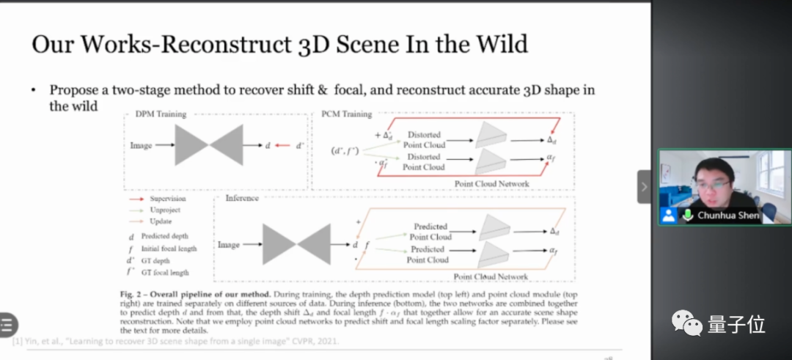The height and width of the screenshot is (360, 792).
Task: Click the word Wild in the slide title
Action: [x=499, y=44]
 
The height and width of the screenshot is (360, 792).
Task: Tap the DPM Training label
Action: [x=161, y=114]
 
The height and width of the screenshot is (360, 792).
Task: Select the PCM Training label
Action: [x=346, y=114]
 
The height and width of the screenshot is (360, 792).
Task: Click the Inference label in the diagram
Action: [x=242, y=198]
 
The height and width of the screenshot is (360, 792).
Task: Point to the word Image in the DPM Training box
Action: [x=141, y=145]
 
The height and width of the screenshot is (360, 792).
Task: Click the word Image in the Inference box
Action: [x=229, y=244]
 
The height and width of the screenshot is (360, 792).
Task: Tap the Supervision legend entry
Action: [x=168, y=199]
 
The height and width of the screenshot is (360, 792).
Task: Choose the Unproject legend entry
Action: [x=165, y=210]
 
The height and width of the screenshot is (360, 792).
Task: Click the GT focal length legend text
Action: [x=169, y=272]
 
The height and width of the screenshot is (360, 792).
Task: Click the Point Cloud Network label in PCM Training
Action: [x=491, y=183]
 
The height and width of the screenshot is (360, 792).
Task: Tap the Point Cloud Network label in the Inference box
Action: [x=491, y=276]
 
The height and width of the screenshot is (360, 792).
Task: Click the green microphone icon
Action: [x=688, y=216]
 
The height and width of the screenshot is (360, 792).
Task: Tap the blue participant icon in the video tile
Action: [x=668, y=216]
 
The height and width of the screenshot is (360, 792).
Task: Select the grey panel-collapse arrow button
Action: [x=644, y=187]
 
